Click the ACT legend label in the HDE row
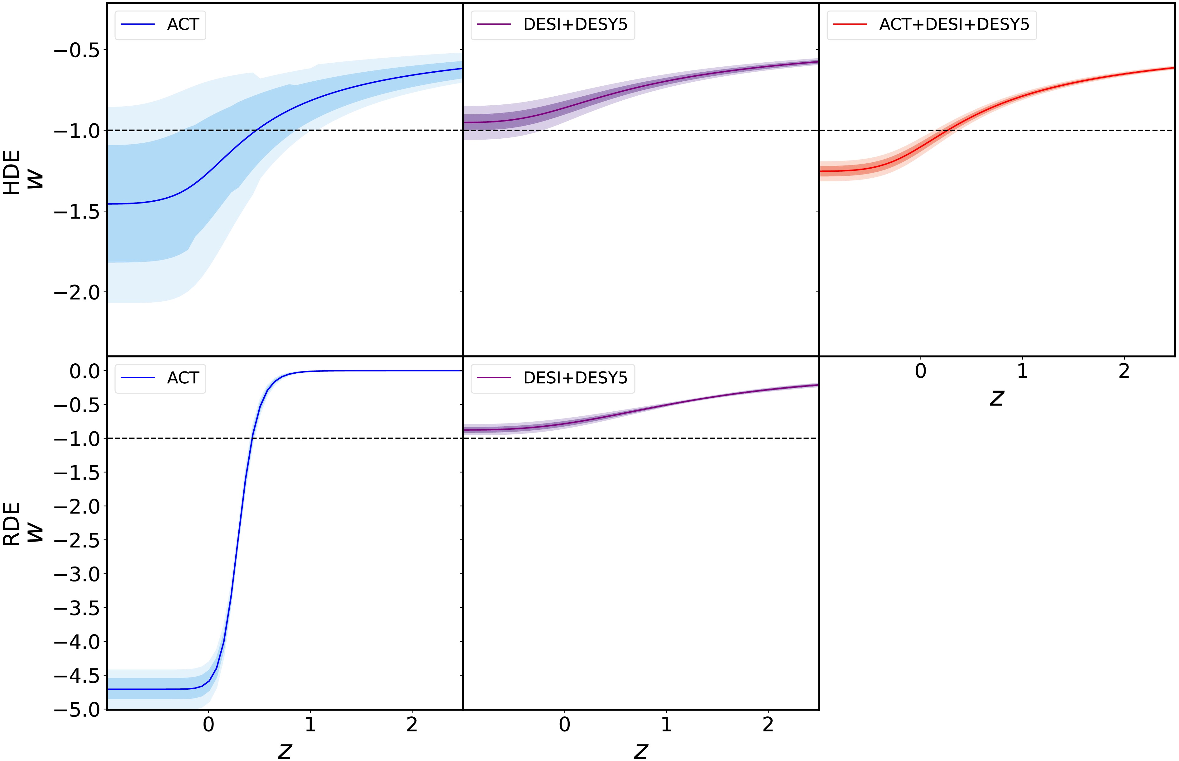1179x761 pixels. [183, 25]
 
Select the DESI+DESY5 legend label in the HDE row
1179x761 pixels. [575, 25]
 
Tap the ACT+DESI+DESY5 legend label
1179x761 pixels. [954, 25]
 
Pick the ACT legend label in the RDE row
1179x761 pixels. [183, 378]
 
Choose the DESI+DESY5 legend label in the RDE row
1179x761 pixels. [575, 378]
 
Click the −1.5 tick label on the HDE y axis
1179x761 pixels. [77, 212]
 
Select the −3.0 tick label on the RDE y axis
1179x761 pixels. [77, 575]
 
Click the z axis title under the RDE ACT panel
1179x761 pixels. [285, 751]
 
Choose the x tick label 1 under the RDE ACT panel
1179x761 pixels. [310, 725]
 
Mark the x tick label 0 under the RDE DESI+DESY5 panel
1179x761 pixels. [564, 725]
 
